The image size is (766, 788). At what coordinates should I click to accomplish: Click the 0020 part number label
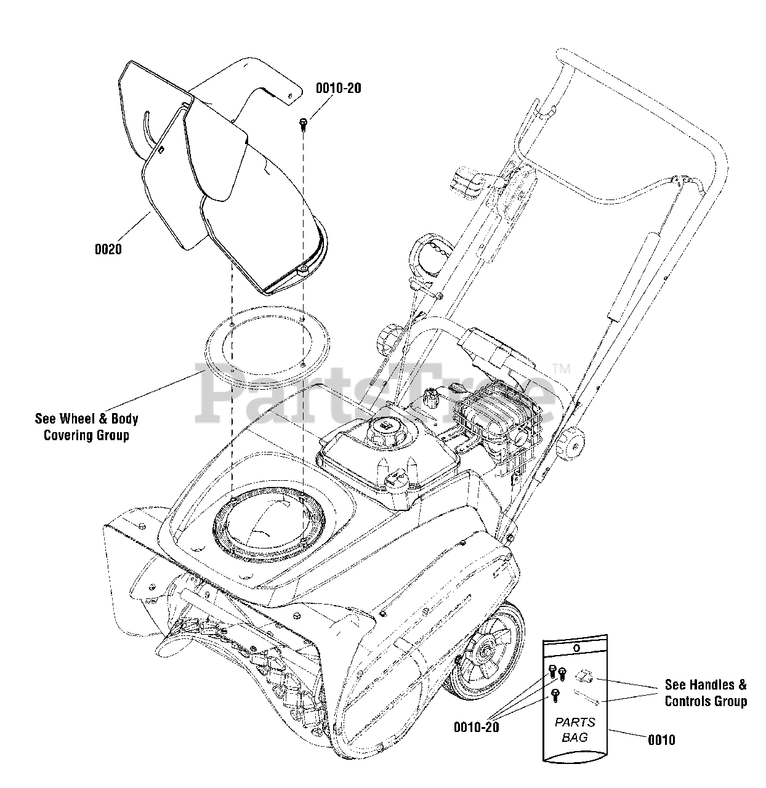coord(108,249)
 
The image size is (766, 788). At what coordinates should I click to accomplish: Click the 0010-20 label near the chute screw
coord(338,88)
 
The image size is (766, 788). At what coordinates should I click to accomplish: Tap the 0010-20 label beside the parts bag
coord(476,726)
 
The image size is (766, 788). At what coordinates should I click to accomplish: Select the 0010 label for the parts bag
coord(661,739)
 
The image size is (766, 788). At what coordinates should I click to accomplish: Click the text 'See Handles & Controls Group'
coord(706,693)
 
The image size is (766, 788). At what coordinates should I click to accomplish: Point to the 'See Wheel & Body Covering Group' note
coord(86,427)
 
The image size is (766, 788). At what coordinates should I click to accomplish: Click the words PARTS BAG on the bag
coord(575,730)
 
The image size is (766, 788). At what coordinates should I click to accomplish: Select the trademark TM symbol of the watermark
coord(562,369)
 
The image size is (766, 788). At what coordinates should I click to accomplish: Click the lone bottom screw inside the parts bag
coord(555,694)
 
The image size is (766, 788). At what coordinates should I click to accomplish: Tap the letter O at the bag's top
coord(575,648)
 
